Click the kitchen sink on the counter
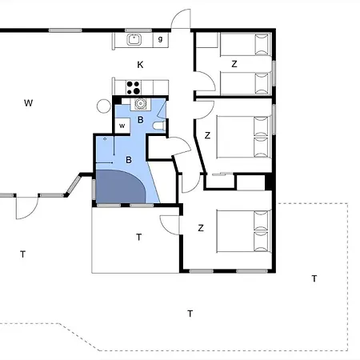(x=134, y=40)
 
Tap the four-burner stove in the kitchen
(x=134, y=88)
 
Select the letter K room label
(x=140, y=65)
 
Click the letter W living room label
(x=28, y=103)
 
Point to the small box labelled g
(x=161, y=40)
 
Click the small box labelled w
(x=122, y=126)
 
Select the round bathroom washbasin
(x=140, y=104)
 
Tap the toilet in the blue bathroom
(x=159, y=126)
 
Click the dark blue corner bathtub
(x=121, y=186)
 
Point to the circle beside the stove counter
(x=104, y=106)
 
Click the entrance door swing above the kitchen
(x=182, y=18)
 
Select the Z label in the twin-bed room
(x=234, y=64)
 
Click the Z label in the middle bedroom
(x=207, y=135)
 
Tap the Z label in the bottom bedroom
(x=201, y=228)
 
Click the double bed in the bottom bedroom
(x=243, y=231)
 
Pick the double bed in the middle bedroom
(x=243, y=137)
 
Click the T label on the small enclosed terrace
(x=138, y=237)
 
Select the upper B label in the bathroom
(x=140, y=120)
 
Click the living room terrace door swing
(x=27, y=208)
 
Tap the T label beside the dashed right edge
(x=314, y=278)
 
